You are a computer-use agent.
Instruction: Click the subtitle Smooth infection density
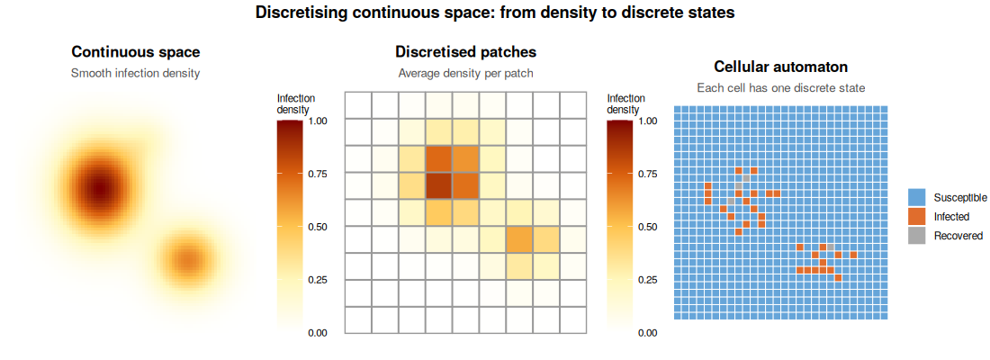pyautogui.click(x=136, y=73)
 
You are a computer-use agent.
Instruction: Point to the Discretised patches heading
pyautogui.click(x=466, y=52)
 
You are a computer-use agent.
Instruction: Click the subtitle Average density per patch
pyautogui.click(x=466, y=73)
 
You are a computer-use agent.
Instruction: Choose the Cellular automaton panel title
pyautogui.click(x=781, y=67)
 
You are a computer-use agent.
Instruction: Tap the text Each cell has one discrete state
pyautogui.click(x=781, y=88)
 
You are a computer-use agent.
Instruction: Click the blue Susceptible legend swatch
pyautogui.click(x=917, y=198)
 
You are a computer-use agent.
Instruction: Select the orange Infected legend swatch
pyautogui.click(x=917, y=217)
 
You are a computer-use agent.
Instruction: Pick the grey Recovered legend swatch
pyautogui.click(x=917, y=236)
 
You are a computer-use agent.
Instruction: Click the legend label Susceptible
pyautogui.click(x=960, y=198)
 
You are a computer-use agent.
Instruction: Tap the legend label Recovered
pyautogui.click(x=958, y=236)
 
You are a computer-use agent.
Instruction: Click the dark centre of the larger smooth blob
pyautogui.click(x=98, y=187)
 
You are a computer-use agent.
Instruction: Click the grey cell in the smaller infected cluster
pyautogui.click(x=831, y=247)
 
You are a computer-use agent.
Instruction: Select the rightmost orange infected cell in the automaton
pyautogui.click(x=853, y=255)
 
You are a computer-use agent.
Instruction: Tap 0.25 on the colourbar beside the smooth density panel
pyautogui.click(x=319, y=279)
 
